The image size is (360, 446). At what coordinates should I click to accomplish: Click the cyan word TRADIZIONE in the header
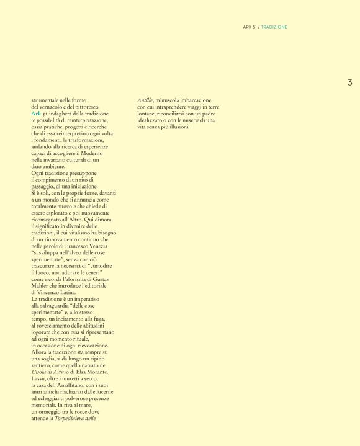(x=274, y=27)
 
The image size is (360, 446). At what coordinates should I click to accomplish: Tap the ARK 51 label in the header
(x=250, y=27)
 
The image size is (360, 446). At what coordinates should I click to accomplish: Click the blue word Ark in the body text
(x=35, y=114)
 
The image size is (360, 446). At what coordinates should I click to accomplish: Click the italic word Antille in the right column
(x=145, y=99)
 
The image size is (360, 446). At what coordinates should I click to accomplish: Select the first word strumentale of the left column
(x=47, y=99)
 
